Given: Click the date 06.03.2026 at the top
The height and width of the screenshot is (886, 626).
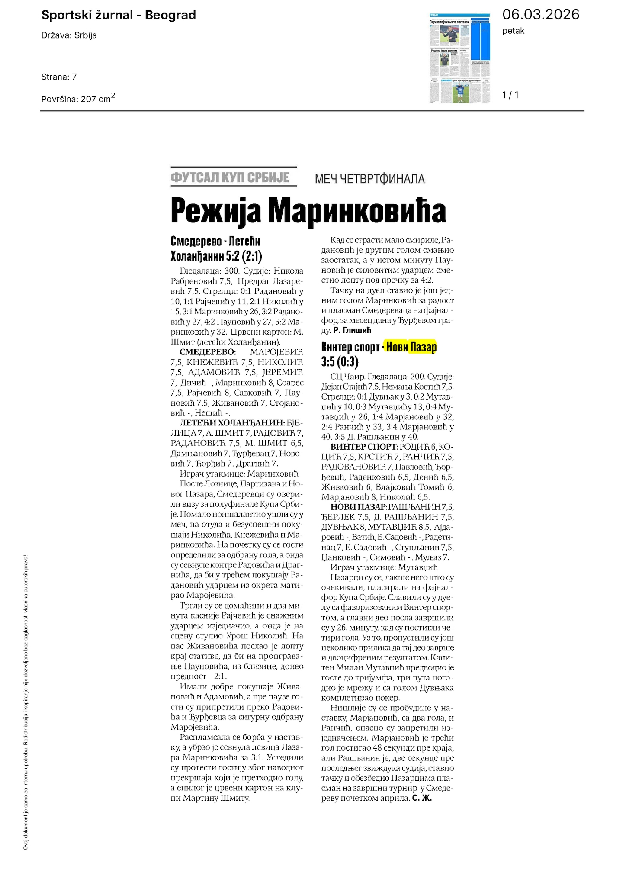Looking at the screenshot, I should tap(540, 15).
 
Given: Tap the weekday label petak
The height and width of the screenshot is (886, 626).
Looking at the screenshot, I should tap(513, 31).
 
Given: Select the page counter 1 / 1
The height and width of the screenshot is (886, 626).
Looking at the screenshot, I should tap(510, 95).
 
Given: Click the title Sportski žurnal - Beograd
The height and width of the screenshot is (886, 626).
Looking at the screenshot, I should tap(119, 15).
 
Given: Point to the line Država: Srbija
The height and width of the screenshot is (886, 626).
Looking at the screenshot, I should tap(69, 35).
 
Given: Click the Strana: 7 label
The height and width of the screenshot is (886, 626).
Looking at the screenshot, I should tap(59, 77).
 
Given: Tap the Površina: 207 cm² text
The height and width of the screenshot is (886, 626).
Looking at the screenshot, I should tap(78, 98).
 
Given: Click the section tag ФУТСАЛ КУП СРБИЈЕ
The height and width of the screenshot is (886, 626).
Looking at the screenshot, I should tap(230, 177).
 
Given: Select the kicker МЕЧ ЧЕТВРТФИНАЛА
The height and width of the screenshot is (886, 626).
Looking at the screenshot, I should tap(369, 179).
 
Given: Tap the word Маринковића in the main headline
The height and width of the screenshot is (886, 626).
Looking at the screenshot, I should tap(357, 211).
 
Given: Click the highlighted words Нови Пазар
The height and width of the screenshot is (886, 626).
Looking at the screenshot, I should tap(411, 347).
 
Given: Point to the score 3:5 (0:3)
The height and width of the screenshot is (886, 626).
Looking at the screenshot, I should tap(340, 361).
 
